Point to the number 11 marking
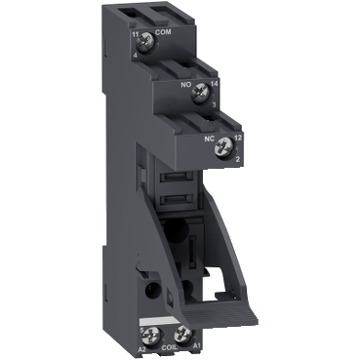[x=134, y=34]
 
